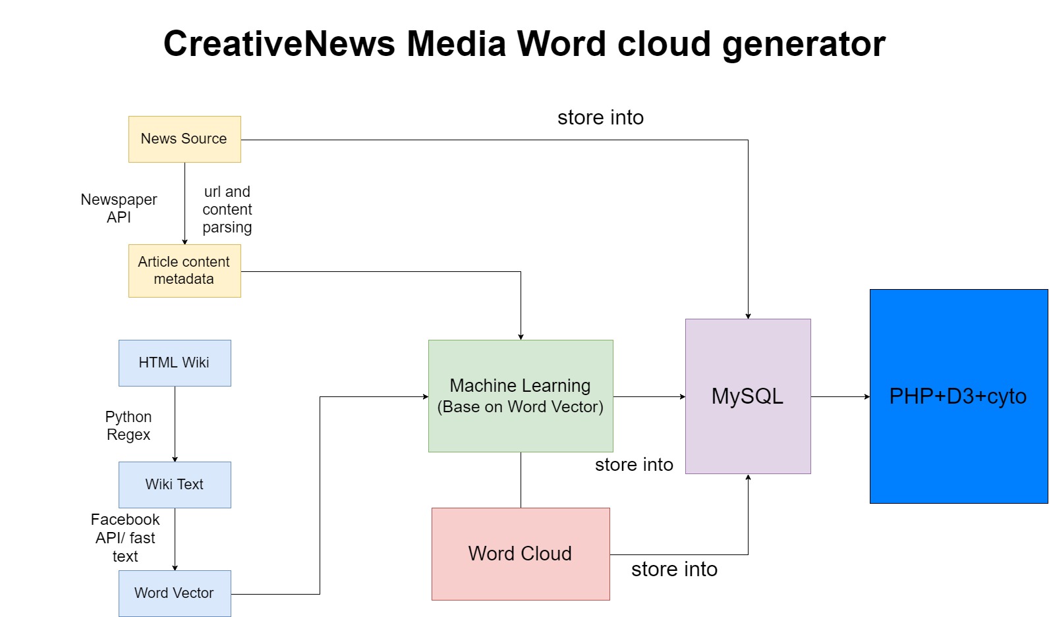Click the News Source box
click(184, 139)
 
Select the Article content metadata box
click(184, 271)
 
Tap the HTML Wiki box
click(175, 363)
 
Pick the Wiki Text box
click(175, 485)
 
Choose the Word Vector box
click(175, 593)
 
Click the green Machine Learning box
click(521, 396)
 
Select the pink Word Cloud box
click(521, 554)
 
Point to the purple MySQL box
click(748, 396)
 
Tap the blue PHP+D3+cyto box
click(959, 396)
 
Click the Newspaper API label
click(119, 208)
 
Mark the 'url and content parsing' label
click(227, 209)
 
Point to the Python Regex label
click(128, 425)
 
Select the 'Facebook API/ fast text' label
click(125, 538)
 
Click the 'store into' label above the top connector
click(600, 117)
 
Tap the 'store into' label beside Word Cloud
click(674, 569)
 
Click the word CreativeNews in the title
click(279, 43)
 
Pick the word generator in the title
click(804, 45)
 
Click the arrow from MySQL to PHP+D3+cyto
click(840, 396)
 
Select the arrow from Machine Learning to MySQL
click(649, 396)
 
